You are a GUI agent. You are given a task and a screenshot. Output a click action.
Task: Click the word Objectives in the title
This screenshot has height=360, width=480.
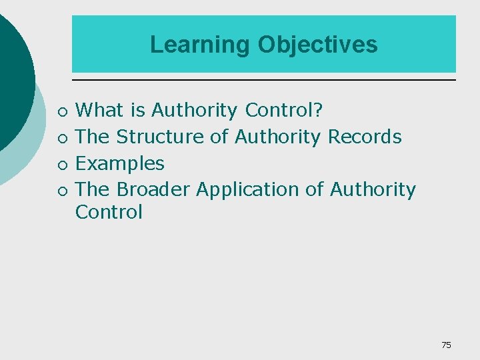click(317, 45)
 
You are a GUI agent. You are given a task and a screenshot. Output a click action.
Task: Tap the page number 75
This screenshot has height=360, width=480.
click(446, 345)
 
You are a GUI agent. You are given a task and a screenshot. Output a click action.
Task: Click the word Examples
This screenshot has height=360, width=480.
click(120, 163)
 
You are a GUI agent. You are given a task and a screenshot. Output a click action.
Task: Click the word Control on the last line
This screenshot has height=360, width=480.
click(109, 212)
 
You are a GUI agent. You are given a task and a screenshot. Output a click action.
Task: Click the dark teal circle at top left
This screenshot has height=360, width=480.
click(13, 73)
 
